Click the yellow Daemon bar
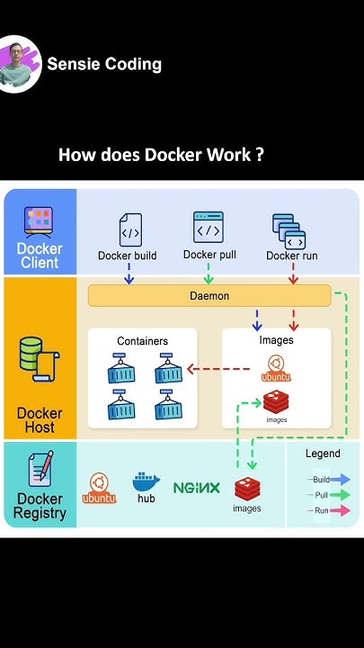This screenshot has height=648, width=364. [x=209, y=295]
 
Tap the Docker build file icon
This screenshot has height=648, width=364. [x=130, y=230]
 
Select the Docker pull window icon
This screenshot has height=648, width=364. [x=209, y=229]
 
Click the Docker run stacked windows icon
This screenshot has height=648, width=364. [x=289, y=231]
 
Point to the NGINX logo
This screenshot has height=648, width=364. [x=196, y=488]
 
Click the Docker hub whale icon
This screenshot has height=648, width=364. [x=146, y=481]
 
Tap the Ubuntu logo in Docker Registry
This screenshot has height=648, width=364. [x=99, y=487]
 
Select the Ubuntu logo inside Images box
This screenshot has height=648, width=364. [x=275, y=367]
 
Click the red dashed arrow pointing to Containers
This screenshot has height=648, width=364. [x=218, y=368]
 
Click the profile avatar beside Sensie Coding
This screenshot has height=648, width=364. [x=20, y=64]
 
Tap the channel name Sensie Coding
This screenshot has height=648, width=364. [x=104, y=64]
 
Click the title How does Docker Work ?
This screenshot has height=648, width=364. [x=161, y=155]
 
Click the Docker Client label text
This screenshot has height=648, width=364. [x=40, y=256]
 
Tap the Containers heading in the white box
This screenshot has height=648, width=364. [x=142, y=341]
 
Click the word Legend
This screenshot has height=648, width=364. [x=323, y=454]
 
